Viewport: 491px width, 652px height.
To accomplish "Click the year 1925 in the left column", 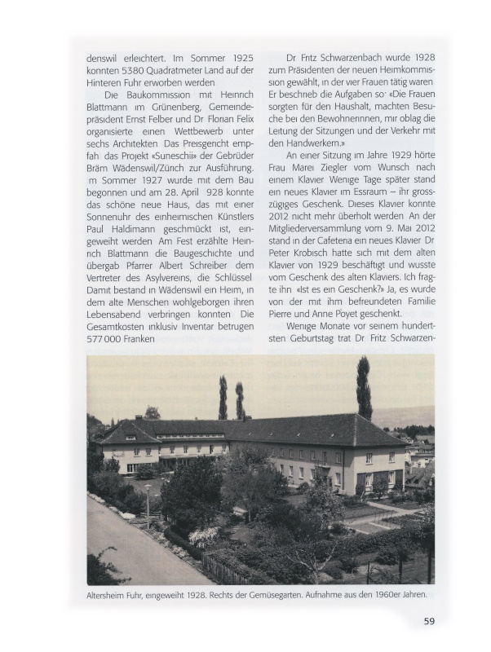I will point(238,59).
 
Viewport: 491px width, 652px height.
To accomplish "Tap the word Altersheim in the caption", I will point(114,595).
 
